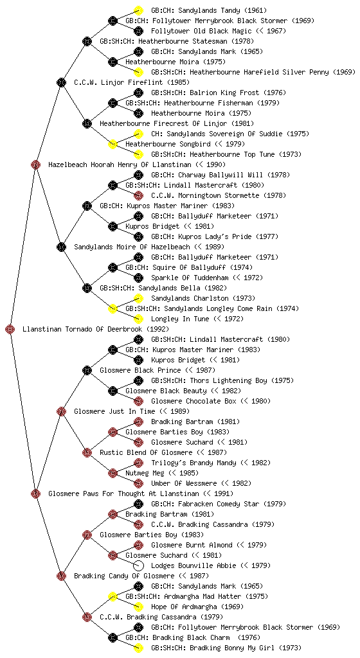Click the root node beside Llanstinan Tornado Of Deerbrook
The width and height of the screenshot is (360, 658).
(10, 329)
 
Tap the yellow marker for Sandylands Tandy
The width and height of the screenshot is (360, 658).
(138, 10)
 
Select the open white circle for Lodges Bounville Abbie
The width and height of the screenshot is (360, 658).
(138, 565)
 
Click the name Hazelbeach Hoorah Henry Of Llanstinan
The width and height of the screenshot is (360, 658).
(120, 164)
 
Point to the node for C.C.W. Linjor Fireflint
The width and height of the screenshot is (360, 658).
(61, 82)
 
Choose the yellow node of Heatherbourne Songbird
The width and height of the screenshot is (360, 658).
(113, 144)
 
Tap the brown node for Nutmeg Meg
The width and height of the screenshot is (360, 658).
(113, 473)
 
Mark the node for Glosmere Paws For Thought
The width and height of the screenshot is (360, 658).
(35, 493)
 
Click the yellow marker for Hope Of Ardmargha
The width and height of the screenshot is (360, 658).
(138, 607)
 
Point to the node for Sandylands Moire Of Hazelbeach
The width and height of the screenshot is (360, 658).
(61, 247)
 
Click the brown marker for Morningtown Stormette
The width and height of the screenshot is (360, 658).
(138, 195)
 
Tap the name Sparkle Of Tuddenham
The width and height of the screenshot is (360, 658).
(190, 278)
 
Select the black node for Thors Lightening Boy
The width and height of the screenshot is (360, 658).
(138, 380)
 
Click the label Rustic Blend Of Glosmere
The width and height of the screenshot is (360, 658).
(146, 452)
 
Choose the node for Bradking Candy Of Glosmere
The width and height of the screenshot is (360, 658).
(61, 576)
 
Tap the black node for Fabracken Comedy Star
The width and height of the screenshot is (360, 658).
(138, 504)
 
